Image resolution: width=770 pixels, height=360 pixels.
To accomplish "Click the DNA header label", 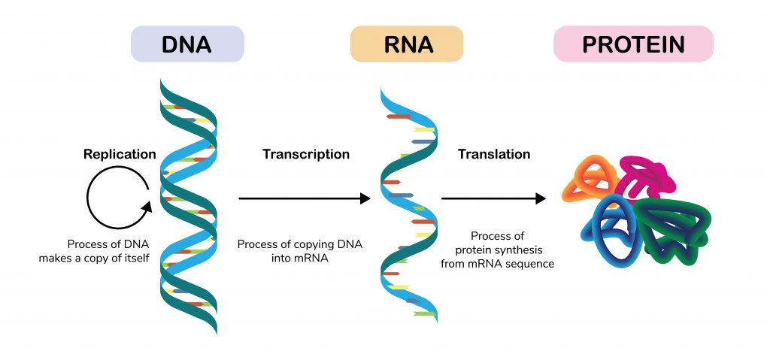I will coord(187,44).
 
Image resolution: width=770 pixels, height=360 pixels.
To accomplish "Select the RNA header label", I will coord(406,44).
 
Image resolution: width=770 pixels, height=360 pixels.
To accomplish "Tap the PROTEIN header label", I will coord(633,44).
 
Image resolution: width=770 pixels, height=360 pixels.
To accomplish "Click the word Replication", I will coord(120,154).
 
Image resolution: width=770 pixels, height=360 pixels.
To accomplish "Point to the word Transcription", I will coord(305,154).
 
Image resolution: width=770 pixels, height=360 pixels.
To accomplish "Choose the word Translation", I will coord(493,154).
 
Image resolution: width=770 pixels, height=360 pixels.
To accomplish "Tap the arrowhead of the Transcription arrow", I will coord(366,198).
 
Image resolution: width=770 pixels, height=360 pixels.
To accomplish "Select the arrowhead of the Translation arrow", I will coord(540,198).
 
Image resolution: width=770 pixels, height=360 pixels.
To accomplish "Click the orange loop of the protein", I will coord(590,177).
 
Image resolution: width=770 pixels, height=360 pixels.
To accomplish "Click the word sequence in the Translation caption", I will coord(531,264).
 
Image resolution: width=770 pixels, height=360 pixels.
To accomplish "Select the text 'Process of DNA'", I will coord(105,244).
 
